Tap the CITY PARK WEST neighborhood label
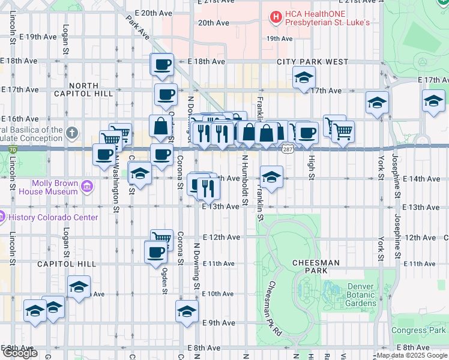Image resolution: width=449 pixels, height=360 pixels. pyautogui.click(x=312, y=62)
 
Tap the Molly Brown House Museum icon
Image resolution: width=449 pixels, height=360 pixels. pyautogui.click(x=88, y=187)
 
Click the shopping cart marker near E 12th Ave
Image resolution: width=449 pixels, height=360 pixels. pyautogui.click(x=161, y=238)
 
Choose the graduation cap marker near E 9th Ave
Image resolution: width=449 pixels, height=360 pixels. pyautogui.click(x=187, y=311)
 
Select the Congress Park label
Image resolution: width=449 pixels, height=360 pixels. pyautogui.click(x=418, y=331)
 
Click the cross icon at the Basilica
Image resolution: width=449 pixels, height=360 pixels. pyautogui.click(x=71, y=131)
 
